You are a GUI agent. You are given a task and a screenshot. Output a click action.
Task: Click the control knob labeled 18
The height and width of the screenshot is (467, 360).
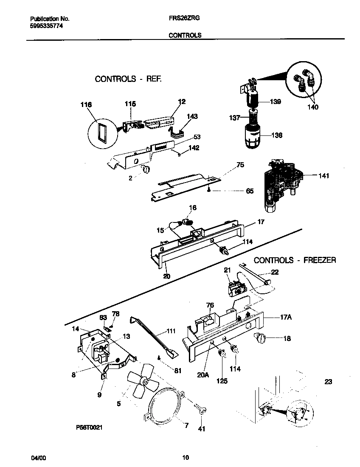coord(259,338)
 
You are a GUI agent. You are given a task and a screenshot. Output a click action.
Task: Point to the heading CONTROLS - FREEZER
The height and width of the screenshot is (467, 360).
coord(295,260)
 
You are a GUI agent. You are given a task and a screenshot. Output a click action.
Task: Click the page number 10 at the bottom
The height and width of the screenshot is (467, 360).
coord(186,458)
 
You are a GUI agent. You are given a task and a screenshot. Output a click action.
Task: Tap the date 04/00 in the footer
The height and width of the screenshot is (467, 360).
coord(38,458)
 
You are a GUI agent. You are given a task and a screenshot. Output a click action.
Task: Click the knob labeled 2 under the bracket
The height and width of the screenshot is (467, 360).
coord(146,169)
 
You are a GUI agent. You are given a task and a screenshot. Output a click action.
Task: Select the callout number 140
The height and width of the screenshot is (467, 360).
coord(313,107)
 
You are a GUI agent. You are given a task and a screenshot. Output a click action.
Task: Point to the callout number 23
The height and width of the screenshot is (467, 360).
coord(328,382)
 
